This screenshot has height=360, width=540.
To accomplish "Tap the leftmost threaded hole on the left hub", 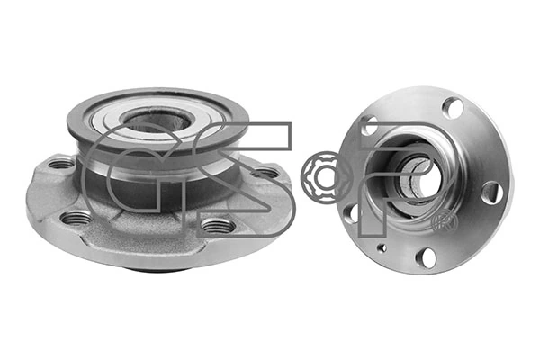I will (61, 164).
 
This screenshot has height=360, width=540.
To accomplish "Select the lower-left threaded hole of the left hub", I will (77, 217).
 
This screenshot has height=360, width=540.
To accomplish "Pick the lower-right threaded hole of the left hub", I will (217, 224).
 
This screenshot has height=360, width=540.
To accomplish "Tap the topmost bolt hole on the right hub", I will (453, 108).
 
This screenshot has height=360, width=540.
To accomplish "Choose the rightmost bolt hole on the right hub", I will (490, 192).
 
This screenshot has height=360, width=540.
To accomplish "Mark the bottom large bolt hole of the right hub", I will (427, 256).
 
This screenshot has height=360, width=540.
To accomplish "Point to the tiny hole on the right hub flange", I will (382, 247).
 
